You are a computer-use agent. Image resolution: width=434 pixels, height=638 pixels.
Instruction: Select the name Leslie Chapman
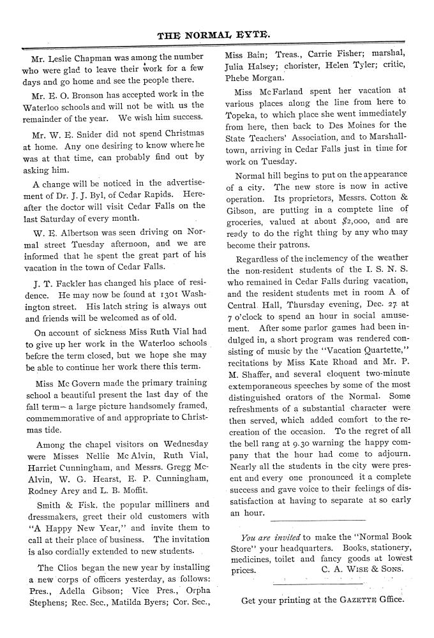pos(76,57)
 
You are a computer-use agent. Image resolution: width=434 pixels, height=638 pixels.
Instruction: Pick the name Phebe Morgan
pos(246,78)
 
